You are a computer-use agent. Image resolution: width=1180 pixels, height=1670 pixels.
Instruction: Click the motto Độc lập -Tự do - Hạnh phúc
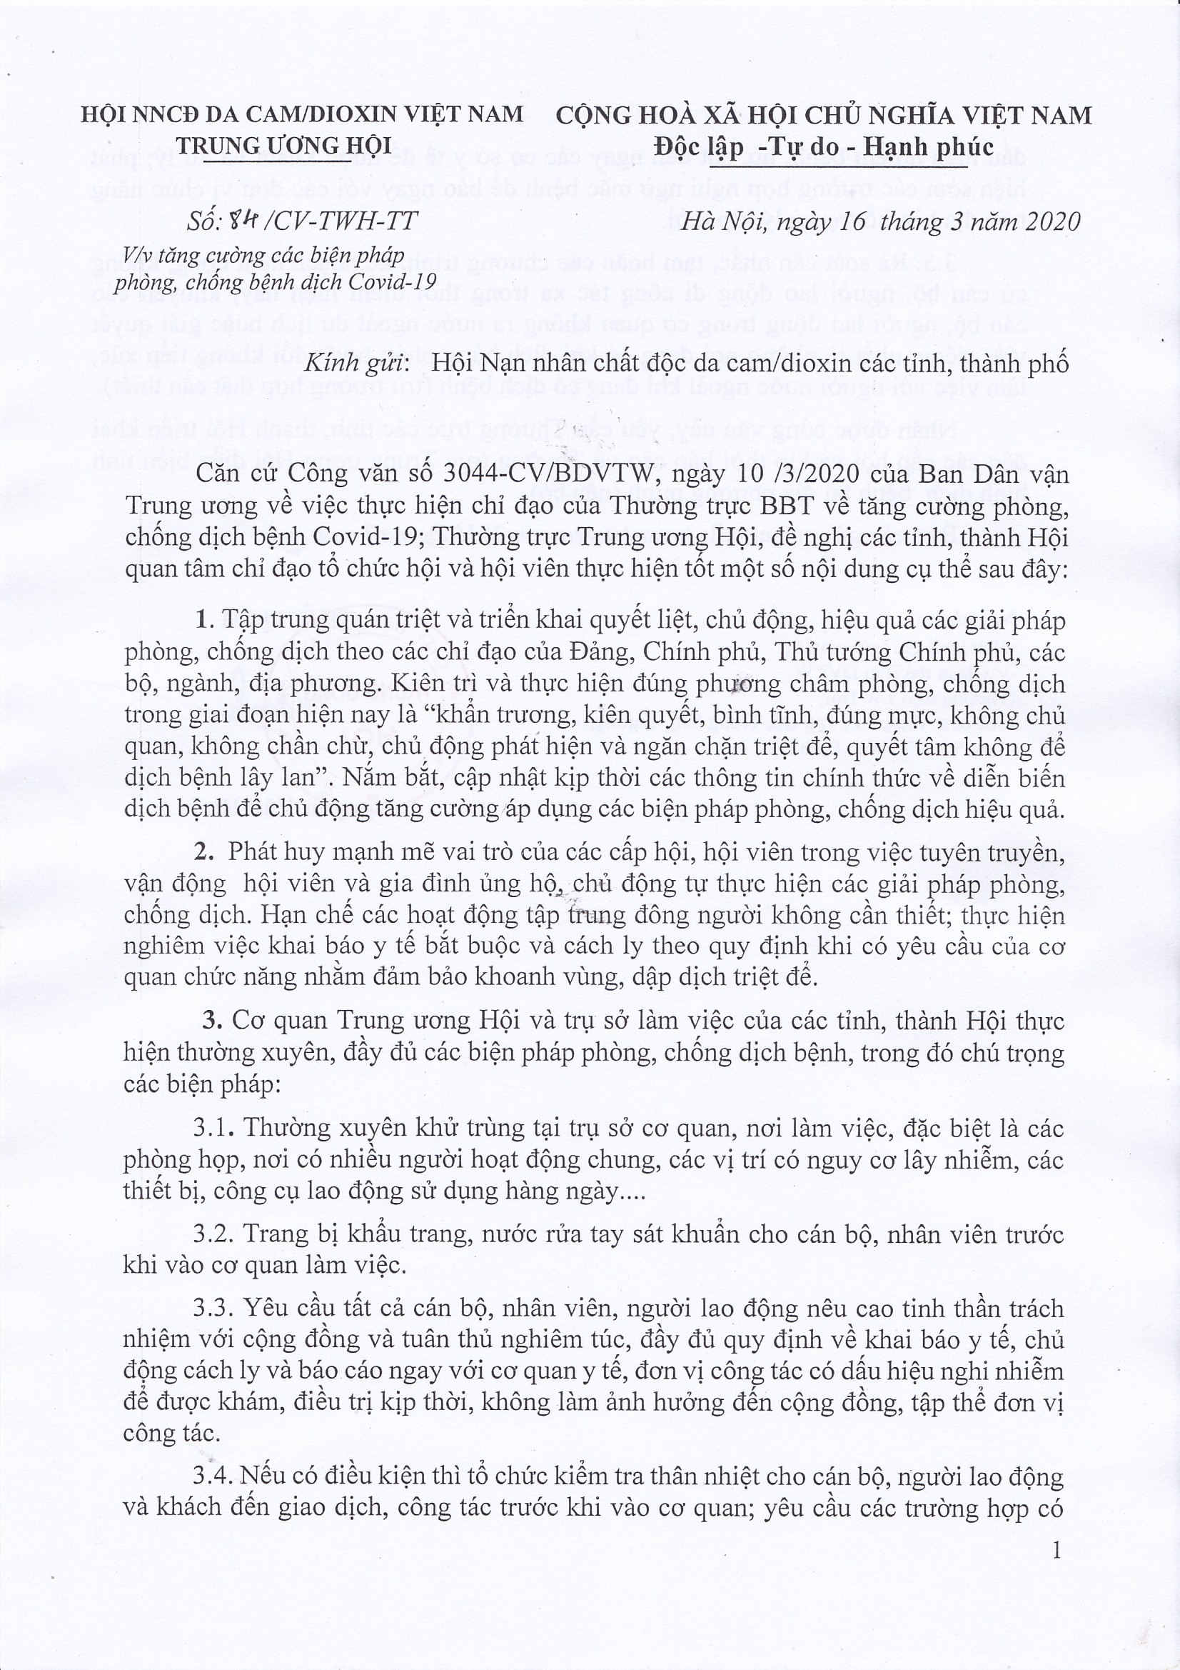tap(823, 147)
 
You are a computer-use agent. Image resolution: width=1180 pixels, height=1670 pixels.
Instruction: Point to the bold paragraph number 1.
tap(203, 621)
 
